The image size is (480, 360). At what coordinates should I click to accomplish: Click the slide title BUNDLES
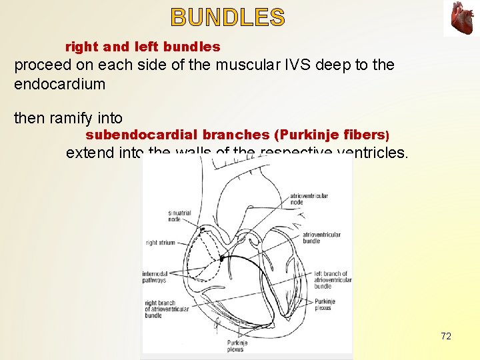pyautogui.click(x=228, y=17)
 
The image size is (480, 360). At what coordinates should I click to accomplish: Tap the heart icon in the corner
pyautogui.click(x=461, y=18)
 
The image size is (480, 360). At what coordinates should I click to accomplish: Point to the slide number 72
pyautogui.click(x=446, y=336)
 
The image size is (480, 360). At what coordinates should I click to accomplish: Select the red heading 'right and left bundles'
pyautogui.click(x=143, y=47)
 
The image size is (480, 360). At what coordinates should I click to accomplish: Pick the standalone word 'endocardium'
pyautogui.click(x=60, y=84)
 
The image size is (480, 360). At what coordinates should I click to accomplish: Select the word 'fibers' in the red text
pyautogui.click(x=363, y=135)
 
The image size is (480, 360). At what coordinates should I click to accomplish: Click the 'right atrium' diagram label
pyautogui.click(x=160, y=243)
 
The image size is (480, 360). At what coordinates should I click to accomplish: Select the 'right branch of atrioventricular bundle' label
pyautogui.click(x=162, y=309)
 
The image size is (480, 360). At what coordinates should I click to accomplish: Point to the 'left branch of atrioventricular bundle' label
pyautogui.click(x=333, y=280)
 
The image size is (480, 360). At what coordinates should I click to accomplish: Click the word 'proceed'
pyautogui.click(x=41, y=65)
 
